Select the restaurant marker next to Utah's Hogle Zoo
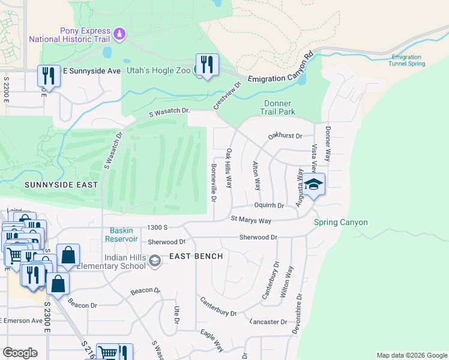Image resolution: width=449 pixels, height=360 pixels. point(207,65)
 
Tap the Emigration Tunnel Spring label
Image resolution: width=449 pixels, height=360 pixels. point(408,61)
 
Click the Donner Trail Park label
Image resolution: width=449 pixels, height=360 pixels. point(279,107)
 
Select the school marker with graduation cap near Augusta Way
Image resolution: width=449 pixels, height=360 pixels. point(313,184)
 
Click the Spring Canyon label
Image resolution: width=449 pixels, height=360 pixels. point(340,223)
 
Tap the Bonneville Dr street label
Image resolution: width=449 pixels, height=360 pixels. point(213,182)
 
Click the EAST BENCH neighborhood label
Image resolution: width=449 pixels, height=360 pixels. point(196,256)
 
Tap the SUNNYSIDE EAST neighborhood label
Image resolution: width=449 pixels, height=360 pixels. point(60,185)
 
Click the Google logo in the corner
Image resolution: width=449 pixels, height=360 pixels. point(20,353)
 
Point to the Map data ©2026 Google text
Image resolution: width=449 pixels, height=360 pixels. point(411,355)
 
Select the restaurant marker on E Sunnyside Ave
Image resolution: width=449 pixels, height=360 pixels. point(49,76)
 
